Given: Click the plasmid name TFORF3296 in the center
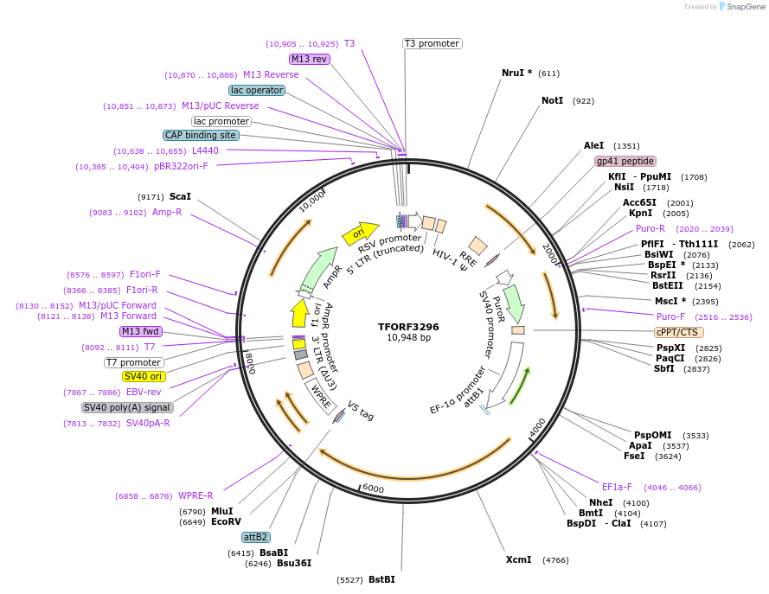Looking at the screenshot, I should pos(408,327).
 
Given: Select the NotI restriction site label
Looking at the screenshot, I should pos(552,101).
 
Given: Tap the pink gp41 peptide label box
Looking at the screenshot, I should pos(625,161).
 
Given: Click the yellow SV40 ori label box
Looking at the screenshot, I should pos(144,376).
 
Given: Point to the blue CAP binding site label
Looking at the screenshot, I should pos(202,135).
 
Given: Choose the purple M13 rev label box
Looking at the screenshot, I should pos(310,59).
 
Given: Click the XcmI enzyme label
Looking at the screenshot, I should pos(519,559).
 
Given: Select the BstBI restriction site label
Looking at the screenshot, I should pos(381,579).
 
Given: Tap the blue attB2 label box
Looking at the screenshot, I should pos(256,537).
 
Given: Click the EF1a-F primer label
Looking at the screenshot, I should pos(617,487).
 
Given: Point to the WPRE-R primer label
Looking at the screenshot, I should pos(195,495).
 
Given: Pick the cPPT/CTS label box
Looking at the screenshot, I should pos(678,332).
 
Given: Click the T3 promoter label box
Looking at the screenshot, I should pos(433,43).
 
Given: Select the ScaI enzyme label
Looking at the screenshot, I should pos(181,196).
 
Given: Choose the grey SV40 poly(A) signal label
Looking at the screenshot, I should pos(127,407).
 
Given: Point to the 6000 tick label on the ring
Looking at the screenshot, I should pos(373,489).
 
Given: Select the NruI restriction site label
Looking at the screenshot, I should pos(517,73).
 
